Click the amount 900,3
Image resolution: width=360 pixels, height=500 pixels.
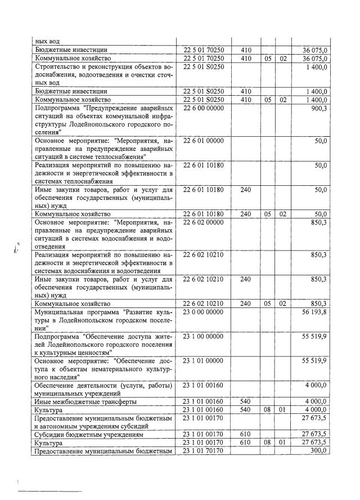318,108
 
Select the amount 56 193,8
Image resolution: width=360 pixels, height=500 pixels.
315,312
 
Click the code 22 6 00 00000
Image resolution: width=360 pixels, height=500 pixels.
203,108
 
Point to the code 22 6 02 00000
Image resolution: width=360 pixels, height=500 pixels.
203,223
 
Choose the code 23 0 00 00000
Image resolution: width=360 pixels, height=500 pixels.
203,312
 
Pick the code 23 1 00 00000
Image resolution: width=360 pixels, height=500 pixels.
203,336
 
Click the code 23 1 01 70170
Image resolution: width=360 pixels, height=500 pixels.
203,450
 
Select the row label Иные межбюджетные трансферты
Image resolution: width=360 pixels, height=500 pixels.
85,401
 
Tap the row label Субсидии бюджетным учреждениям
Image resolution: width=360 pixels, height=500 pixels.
85,434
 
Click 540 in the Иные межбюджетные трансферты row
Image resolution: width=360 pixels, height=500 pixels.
245,401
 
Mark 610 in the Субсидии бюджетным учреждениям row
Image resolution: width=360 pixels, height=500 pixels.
245,434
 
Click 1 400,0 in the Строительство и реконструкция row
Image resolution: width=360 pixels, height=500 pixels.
317,67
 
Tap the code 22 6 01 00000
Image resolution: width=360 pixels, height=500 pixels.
203,141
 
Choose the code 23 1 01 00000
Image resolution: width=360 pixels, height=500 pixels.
203,361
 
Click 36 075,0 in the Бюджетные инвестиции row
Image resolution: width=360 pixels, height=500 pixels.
315,50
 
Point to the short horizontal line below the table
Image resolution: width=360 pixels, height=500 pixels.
51,492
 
